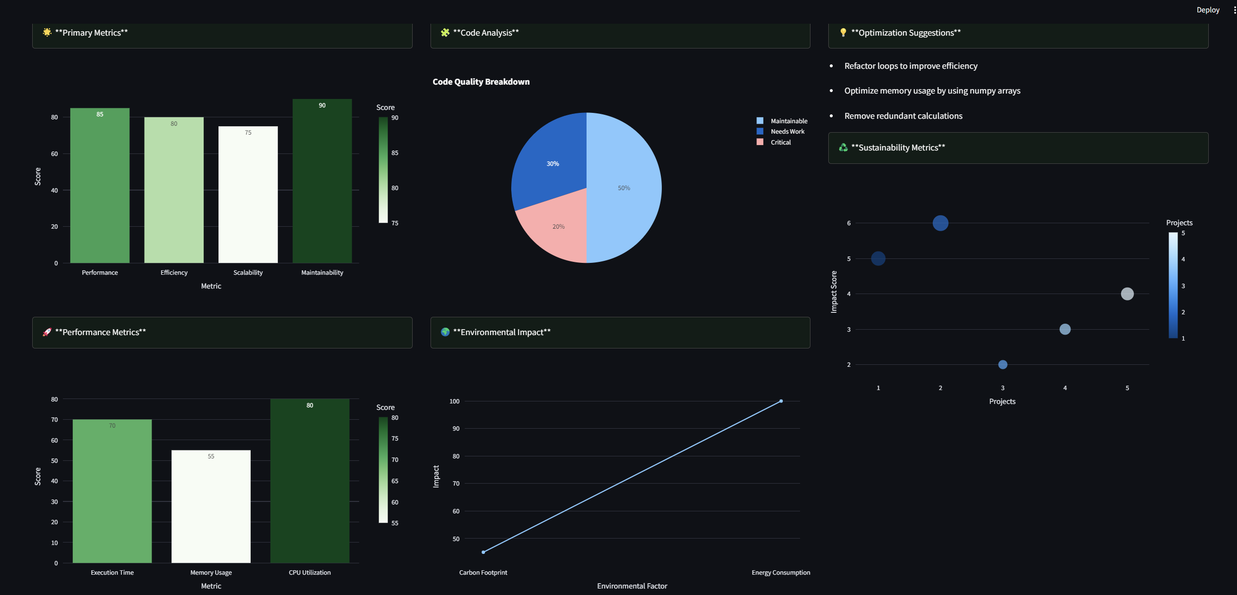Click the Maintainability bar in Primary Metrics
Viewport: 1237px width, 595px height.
pyautogui.click(x=322, y=183)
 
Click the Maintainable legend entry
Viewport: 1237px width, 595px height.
pyautogui.click(x=789, y=121)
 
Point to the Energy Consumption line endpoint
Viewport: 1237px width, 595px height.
pyautogui.click(x=781, y=401)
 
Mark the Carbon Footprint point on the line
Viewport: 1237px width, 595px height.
pyautogui.click(x=484, y=552)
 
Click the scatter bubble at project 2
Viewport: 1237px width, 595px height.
pyautogui.click(x=940, y=223)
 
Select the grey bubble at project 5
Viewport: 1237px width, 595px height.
pyautogui.click(x=1127, y=294)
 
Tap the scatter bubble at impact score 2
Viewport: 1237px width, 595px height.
pyautogui.click(x=1003, y=365)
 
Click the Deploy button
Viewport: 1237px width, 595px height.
pyautogui.click(x=1208, y=10)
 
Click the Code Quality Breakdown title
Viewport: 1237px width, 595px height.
pyautogui.click(x=481, y=82)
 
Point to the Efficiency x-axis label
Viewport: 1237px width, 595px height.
pyautogui.click(x=174, y=273)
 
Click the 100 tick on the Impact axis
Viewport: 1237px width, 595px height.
pyautogui.click(x=454, y=401)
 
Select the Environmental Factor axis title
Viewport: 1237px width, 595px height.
pyautogui.click(x=632, y=586)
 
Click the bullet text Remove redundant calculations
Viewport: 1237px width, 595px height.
pyautogui.click(x=903, y=116)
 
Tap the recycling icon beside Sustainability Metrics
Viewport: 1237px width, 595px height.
pyautogui.click(x=843, y=148)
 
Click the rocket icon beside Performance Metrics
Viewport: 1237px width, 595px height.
pyautogui.click(x=47, y=332)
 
